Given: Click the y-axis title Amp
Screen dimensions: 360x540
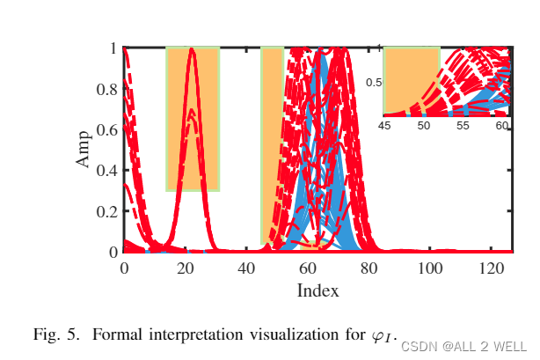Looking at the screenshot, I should (x=84, y=150).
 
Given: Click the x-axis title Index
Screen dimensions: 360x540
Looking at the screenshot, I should (x=317, y=290).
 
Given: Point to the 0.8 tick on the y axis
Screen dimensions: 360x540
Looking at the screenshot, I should (x=106, y=89).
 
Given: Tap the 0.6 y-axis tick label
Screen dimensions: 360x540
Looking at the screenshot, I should (x=106, y=129).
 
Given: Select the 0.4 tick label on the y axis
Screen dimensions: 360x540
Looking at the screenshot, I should (x=106, y=171).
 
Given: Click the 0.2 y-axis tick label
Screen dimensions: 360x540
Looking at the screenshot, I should (x=106, y=211).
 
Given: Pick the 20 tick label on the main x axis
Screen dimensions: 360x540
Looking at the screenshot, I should (x=186, y=268).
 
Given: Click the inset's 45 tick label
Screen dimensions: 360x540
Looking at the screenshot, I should (x=384, y=126).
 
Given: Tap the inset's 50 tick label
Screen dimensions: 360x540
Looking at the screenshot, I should (x=423, y=126).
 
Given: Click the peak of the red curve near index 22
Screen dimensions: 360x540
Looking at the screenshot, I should (x=192, y=50).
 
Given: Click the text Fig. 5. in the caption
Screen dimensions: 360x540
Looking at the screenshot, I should (x=56, y=335).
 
